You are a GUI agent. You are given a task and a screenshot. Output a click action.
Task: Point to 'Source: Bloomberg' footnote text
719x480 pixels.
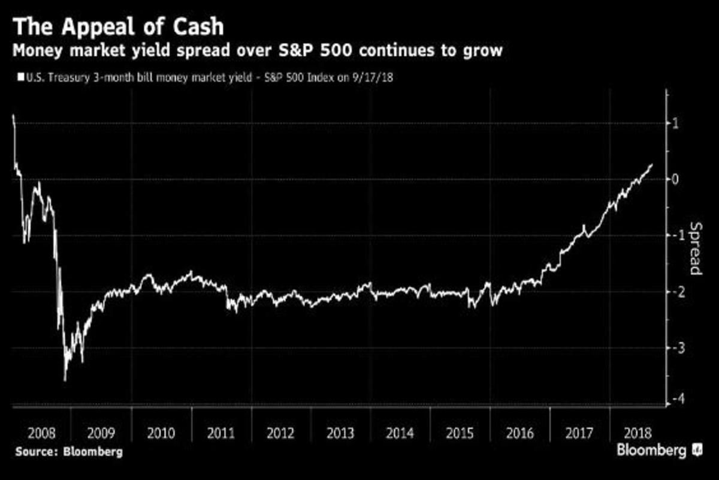click(69, 452)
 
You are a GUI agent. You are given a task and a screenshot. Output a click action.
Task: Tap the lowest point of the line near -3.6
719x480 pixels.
click(65, 380)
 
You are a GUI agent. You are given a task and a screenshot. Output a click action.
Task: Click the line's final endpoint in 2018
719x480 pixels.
click(652, 164)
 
